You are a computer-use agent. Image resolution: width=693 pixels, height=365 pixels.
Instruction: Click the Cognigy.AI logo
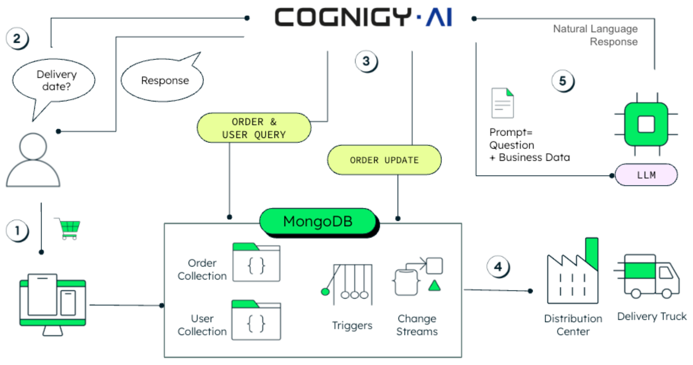click(363, 17)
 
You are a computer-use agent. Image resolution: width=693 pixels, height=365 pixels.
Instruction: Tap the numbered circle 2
click(17, 38)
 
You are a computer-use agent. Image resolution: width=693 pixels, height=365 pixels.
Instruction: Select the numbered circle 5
click(563, 81)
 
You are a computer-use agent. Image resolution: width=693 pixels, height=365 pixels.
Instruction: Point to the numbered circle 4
click(498, 267)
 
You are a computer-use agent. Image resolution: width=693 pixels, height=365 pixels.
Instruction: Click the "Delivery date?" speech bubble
click(54, 80)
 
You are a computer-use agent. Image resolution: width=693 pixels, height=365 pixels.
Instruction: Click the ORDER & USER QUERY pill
click(254, 128)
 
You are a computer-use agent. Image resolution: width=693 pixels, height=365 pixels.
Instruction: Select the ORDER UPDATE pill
click(384, 160)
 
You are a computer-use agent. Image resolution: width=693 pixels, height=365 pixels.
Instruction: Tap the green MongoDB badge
click(318, 221)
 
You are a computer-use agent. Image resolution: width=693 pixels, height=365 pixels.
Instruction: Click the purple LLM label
click(646, 175)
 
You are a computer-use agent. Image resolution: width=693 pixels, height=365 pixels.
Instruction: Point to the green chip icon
click(646, 124)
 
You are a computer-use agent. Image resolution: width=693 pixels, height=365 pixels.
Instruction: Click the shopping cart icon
click(69, 229)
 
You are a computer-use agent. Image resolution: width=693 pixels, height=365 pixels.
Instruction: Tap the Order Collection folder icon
click(256, 263)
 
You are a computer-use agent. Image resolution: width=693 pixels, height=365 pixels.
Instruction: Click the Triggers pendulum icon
click(350, 284)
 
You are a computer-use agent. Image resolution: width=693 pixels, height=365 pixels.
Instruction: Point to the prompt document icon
click(502, 103)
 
